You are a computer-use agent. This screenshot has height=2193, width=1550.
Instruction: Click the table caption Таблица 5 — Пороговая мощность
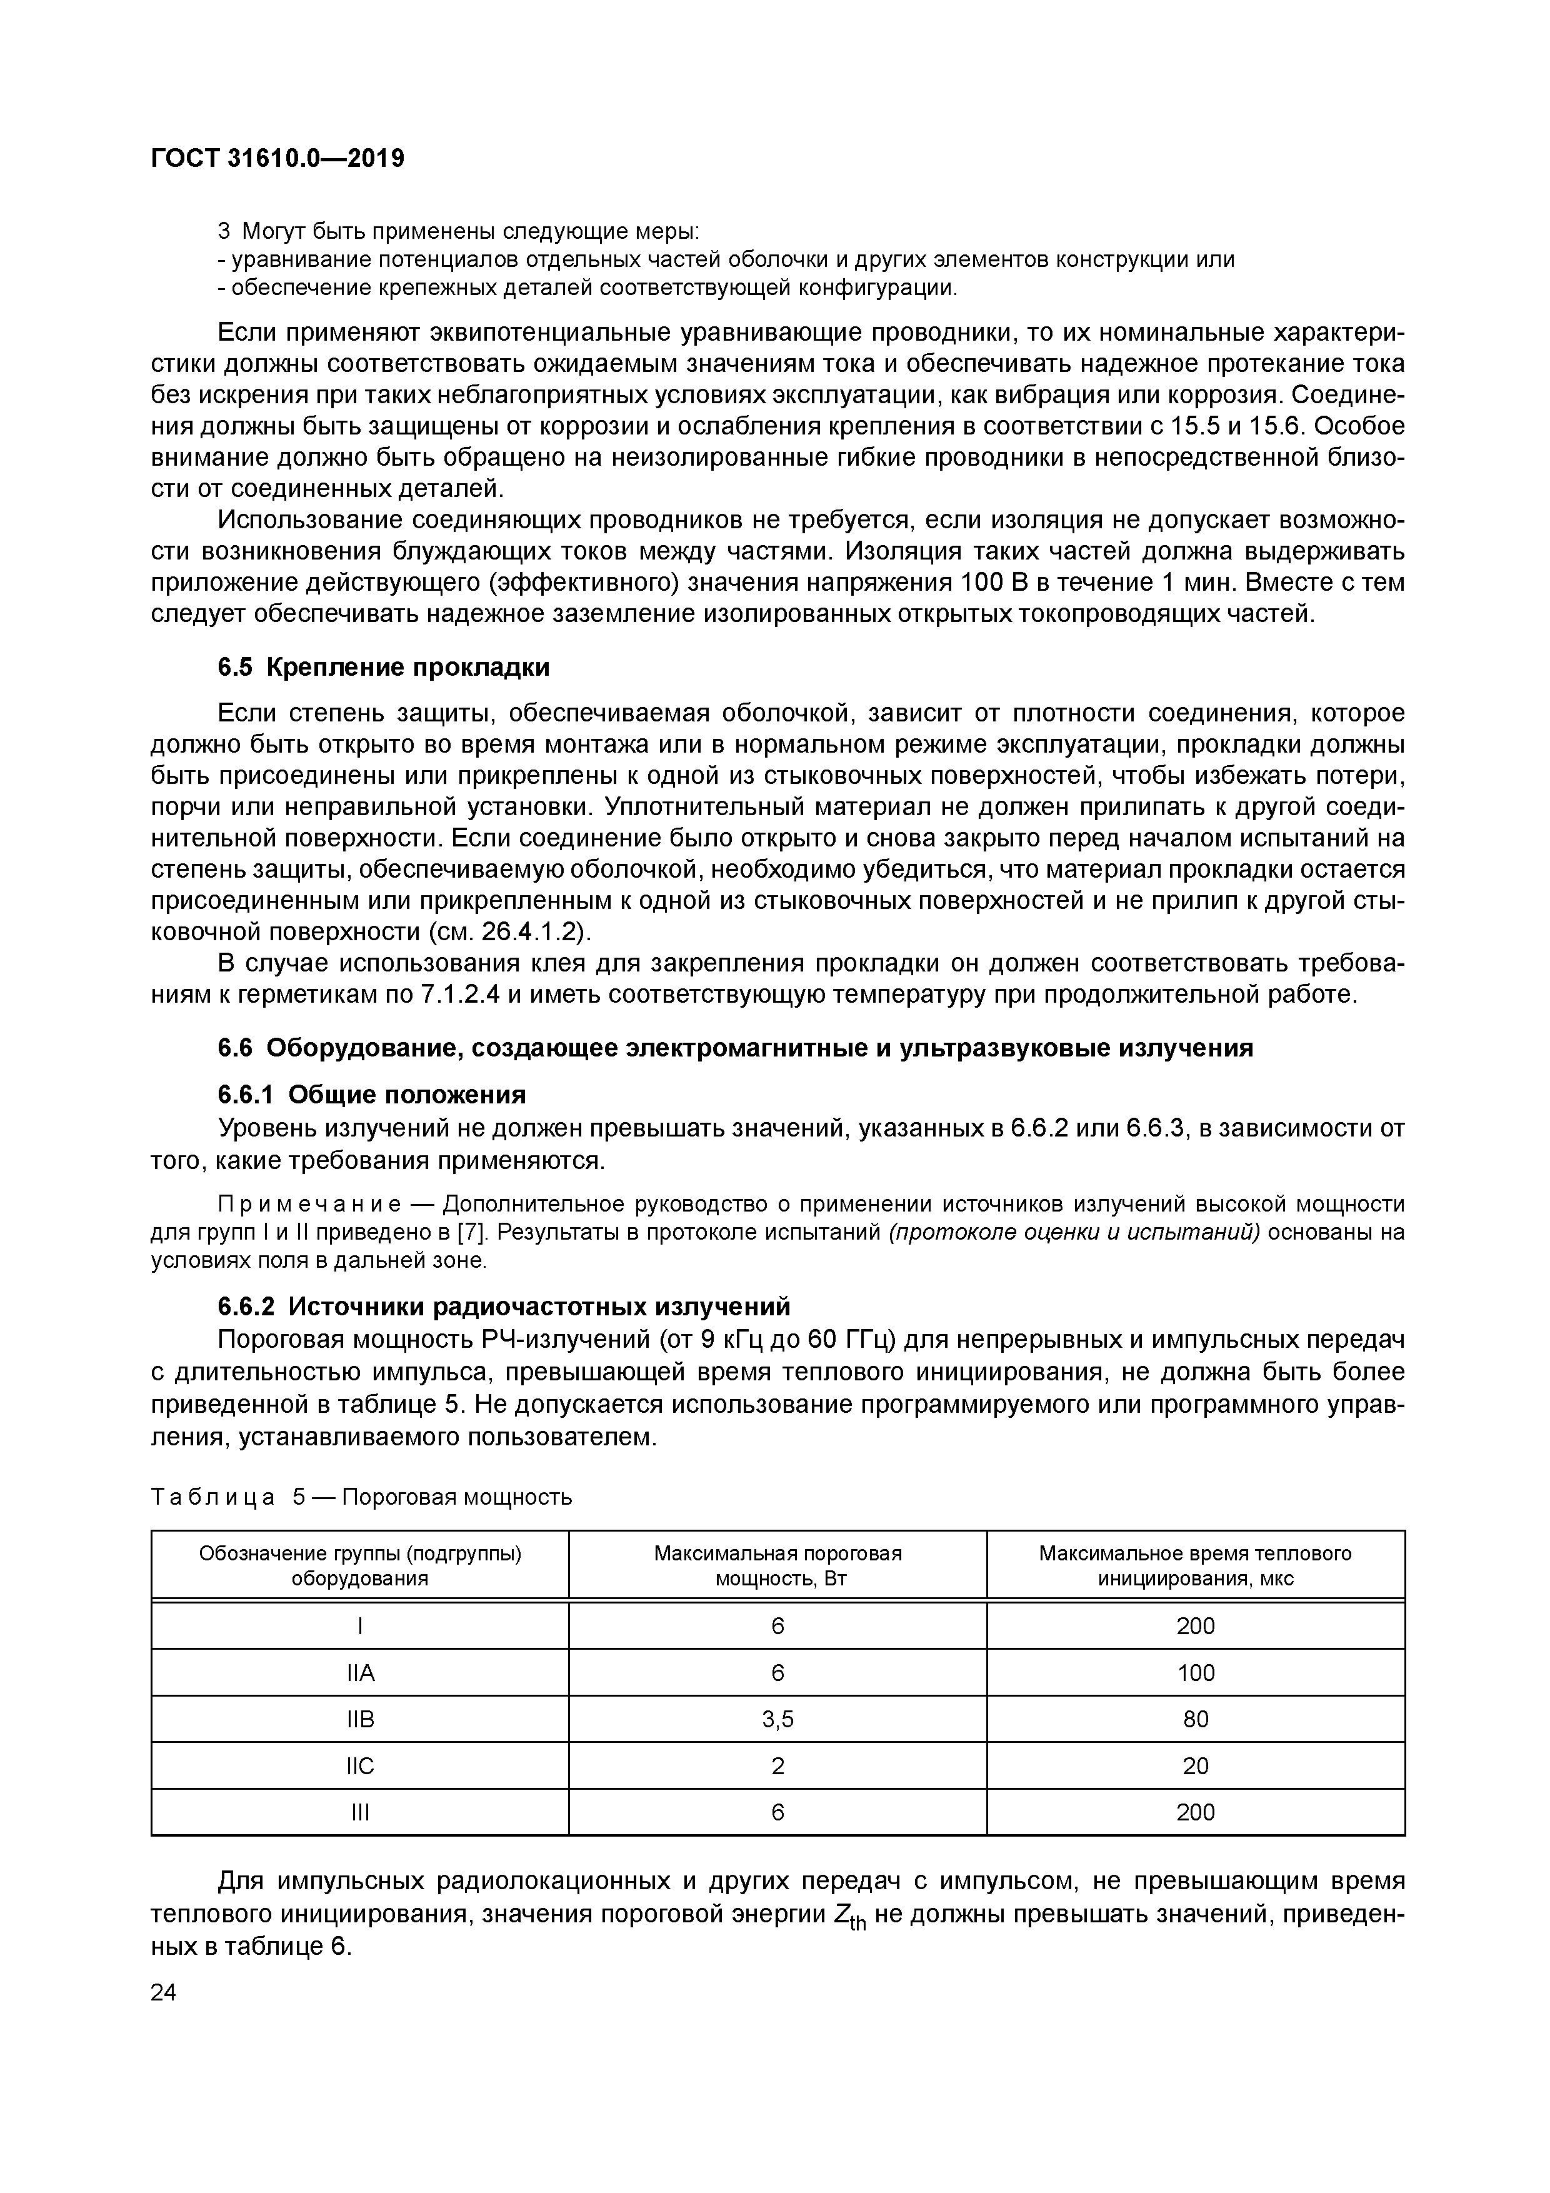click(x=361, y=1497)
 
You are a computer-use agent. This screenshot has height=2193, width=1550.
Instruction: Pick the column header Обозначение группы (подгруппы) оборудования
click(x=360, y=1565)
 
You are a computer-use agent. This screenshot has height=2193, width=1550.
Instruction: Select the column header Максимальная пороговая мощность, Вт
click(x=777, y=1565)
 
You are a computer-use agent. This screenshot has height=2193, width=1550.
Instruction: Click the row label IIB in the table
click(x=360, y=1719)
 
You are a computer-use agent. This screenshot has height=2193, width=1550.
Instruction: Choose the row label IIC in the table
click(x=360, y=1766)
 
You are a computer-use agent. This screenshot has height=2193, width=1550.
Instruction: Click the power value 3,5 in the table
click(x=777, y=1719)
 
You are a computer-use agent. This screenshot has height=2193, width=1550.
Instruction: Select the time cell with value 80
click(x=1196, y=1719)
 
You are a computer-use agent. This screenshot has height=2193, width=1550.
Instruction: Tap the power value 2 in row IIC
click(x=777, y=1766)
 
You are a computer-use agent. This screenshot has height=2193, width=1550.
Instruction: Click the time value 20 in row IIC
click(x=1196, y=1766)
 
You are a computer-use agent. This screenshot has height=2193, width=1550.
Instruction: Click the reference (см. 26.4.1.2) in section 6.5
click(x=506, y=931)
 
